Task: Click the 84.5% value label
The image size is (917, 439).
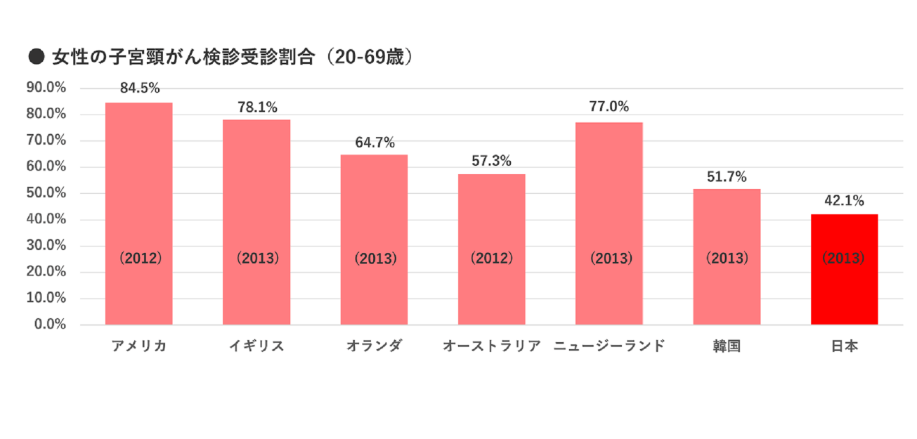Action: (140, 89)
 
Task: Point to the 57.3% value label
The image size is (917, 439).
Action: (492, 161)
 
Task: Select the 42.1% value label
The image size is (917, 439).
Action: (844, 201)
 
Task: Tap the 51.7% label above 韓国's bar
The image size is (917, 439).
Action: (727, 176)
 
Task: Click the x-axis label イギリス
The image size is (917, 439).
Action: (256, 346)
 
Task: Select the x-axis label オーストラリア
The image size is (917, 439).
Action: (492, 346)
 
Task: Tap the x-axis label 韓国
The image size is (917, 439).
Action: (727, 346)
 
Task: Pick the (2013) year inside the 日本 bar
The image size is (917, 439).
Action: (844, 258)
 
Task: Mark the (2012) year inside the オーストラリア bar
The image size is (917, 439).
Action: (492, 258)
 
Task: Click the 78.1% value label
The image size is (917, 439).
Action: (257, 107)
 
